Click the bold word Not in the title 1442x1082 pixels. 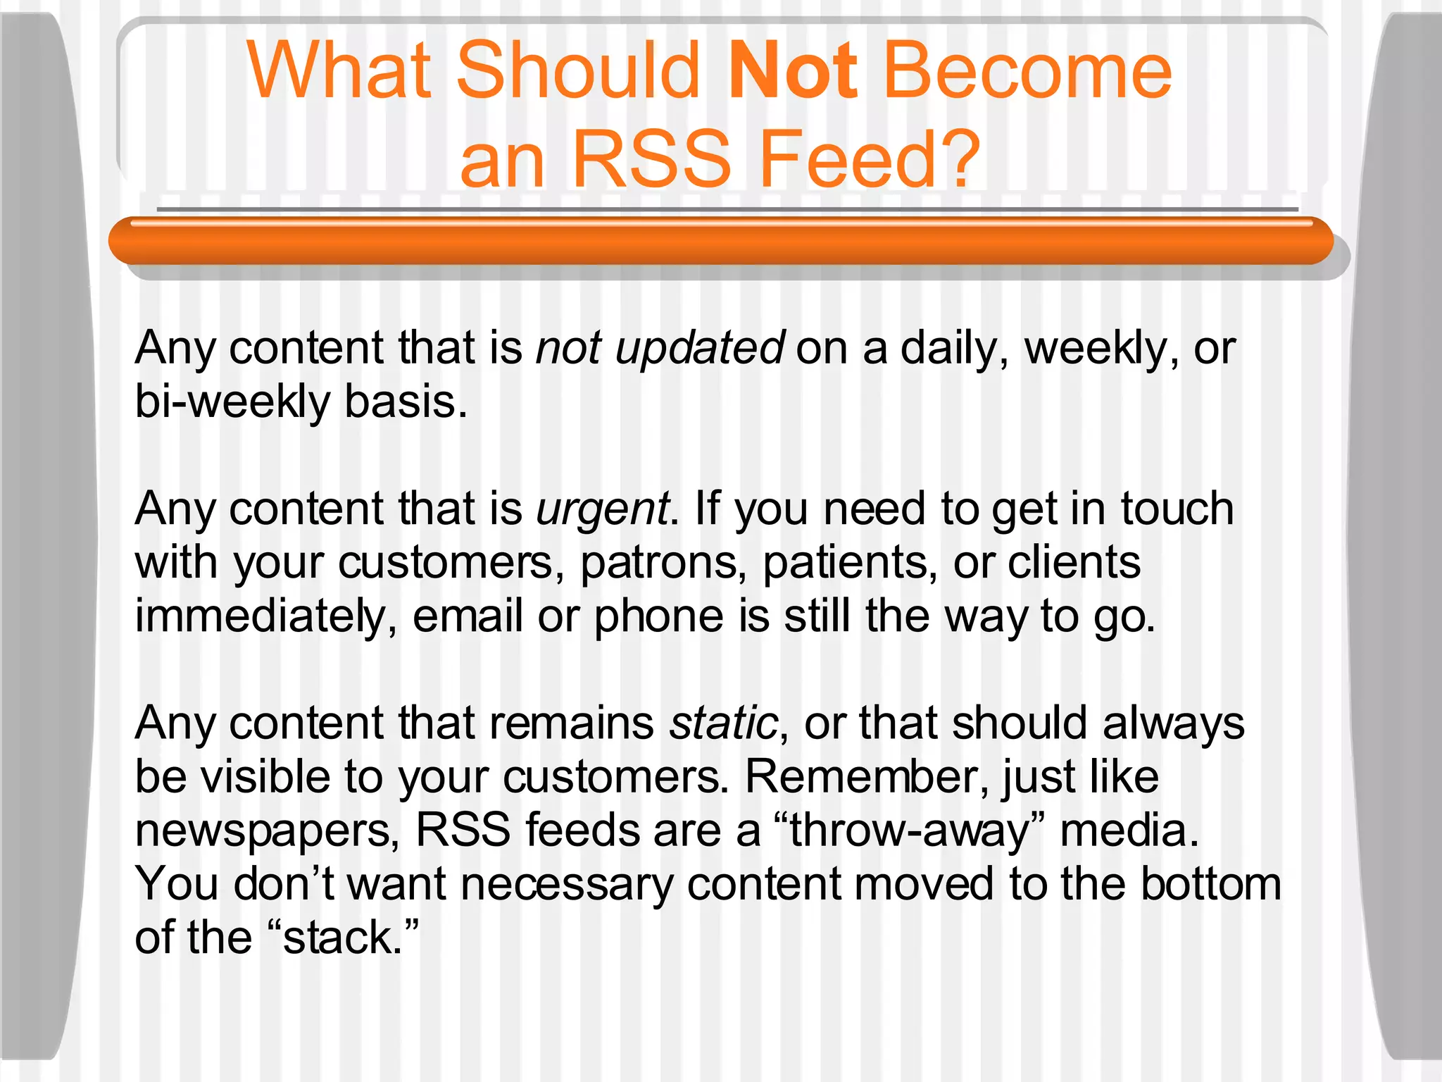pos(792,70)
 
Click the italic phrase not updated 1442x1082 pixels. pos(660,348)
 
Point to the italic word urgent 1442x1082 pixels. pos(602,509)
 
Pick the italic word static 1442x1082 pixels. pos(724,723)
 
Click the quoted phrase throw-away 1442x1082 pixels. pos(910,831)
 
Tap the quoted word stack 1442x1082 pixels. pos(342,938)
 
